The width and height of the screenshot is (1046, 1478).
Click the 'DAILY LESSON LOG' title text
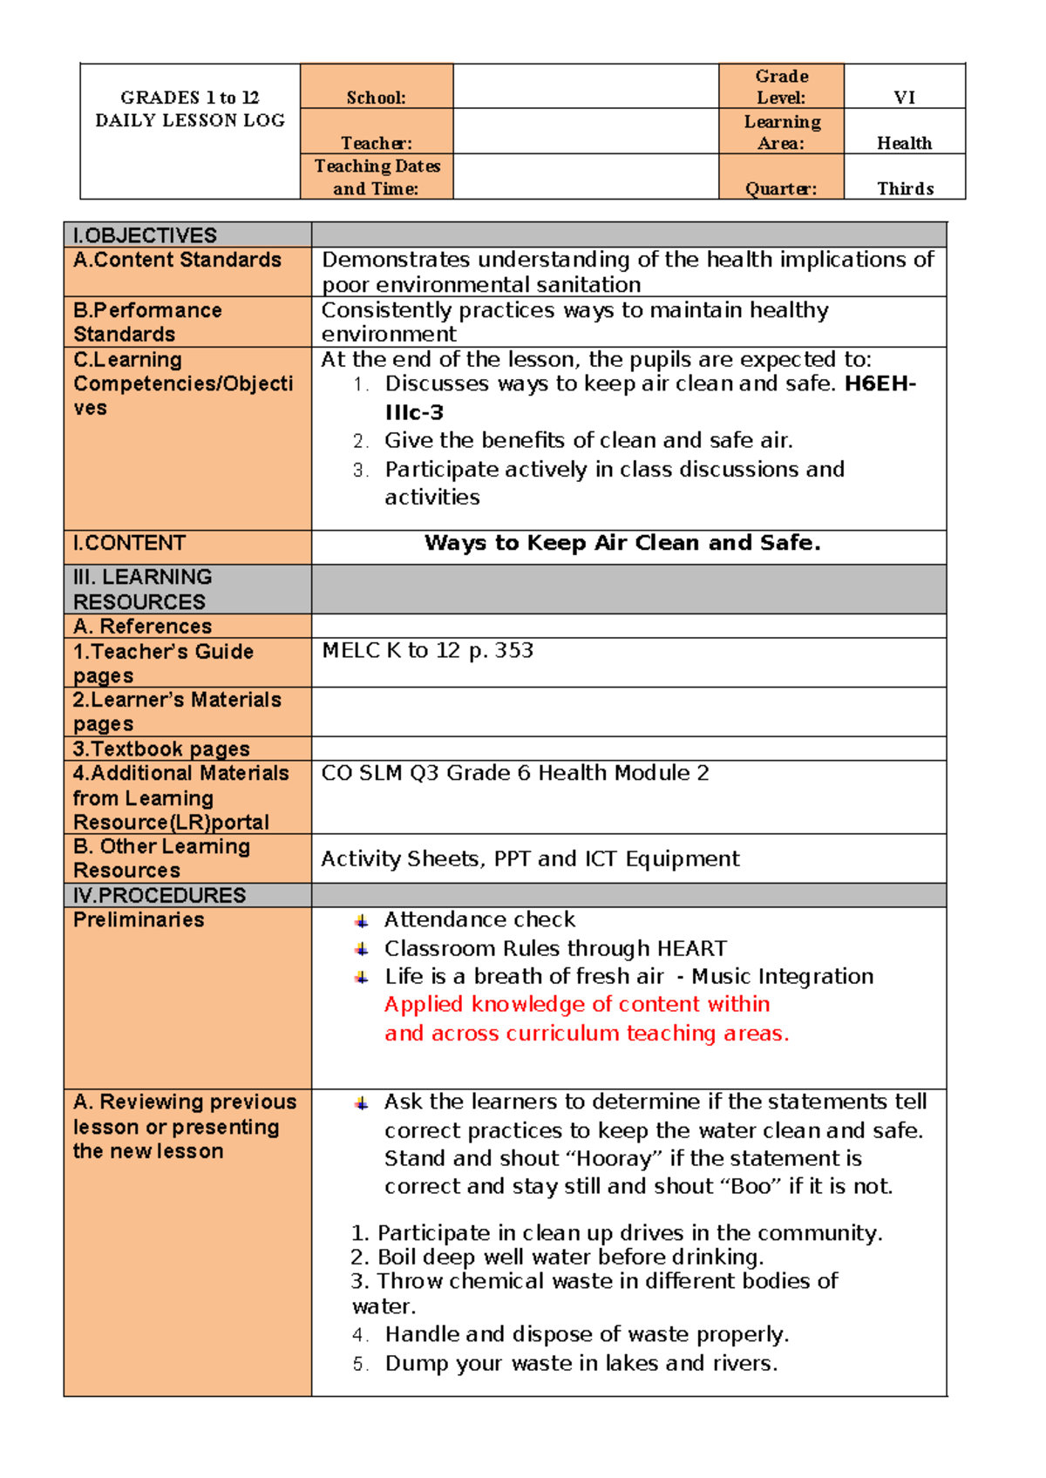point(190,120)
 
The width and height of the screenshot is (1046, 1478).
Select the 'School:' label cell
point(376,98)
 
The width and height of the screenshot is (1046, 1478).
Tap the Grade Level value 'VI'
point(904,98)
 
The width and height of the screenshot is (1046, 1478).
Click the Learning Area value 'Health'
point(904,143)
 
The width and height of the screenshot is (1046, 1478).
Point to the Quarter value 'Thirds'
point(905,188)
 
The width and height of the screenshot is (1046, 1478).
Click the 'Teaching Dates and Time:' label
point(377,177)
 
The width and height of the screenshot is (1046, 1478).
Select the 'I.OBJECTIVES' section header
point(145,235)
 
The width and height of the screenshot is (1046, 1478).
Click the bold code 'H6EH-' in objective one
point(880,383)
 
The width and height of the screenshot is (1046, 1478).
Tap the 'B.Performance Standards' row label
point(147,322)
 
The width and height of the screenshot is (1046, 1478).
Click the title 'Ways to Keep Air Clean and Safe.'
point(622,543)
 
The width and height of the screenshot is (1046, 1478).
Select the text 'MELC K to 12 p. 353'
point(427,650)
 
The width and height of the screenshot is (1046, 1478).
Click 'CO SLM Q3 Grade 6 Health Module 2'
point(514,773)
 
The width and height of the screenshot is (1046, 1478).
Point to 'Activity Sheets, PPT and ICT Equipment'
point(530,858)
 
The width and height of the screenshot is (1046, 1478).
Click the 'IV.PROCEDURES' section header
point(160,895)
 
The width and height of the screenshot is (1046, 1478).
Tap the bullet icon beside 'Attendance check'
point(361,920)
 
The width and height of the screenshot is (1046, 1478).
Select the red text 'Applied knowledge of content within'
point(576,1004)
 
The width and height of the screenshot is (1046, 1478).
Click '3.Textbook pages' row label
point(161,749)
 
